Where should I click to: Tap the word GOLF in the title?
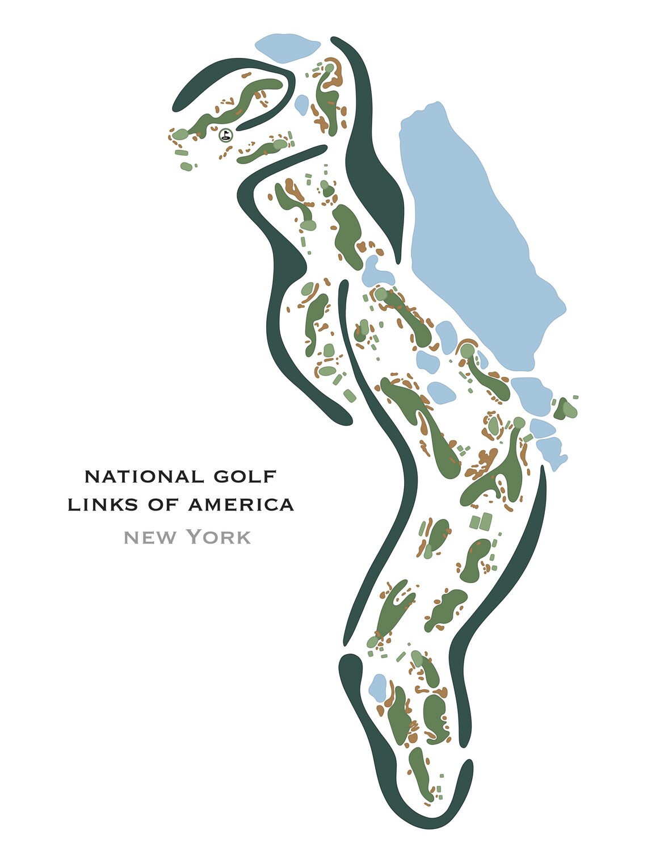(x=245, y=476)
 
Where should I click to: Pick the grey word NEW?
(x=150, y=537)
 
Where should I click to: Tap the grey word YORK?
(x=219, y=537)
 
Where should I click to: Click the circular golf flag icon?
(x=226, y=135)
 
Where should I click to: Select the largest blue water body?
(x=477, y=227)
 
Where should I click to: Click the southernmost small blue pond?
(x=377, y=686)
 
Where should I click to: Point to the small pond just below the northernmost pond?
(x=301, y=104)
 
